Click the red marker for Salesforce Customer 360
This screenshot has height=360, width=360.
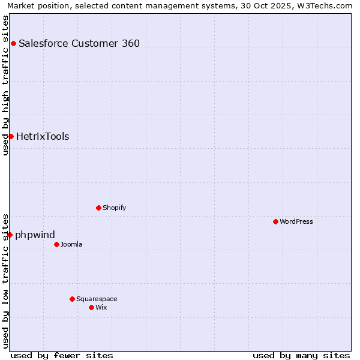(x=13, y=43)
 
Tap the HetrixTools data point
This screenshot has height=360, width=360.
(x=11, y=136)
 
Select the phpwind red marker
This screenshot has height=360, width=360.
(x=10, y=235)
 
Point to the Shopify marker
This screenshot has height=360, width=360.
(x=98, y=208)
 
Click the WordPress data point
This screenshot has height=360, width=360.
(x=275, y=221)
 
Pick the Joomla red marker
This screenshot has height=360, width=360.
(x=56, y=244)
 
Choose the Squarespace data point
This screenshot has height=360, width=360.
(x=72, y=299)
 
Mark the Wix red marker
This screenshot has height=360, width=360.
(x=91, y=307)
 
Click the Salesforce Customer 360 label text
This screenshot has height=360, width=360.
(x=79, y=43)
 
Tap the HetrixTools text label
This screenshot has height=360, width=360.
(x=43, y=136)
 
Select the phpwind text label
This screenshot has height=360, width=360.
(x=35, y=235)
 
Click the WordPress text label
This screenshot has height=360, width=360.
(x=296, y=221)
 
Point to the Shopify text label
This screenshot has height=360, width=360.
(x=115, y=208)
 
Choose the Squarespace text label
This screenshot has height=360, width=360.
(x=97, y=299)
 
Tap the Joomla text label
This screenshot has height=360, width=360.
(x=71, y=244)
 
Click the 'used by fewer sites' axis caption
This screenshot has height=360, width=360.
(x=62, y=355)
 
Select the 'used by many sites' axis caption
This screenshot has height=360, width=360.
(x=301, y=355)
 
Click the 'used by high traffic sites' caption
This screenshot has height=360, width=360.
(x=5, y=85)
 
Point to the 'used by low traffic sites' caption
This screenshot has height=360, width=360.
(x=5, y=280)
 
